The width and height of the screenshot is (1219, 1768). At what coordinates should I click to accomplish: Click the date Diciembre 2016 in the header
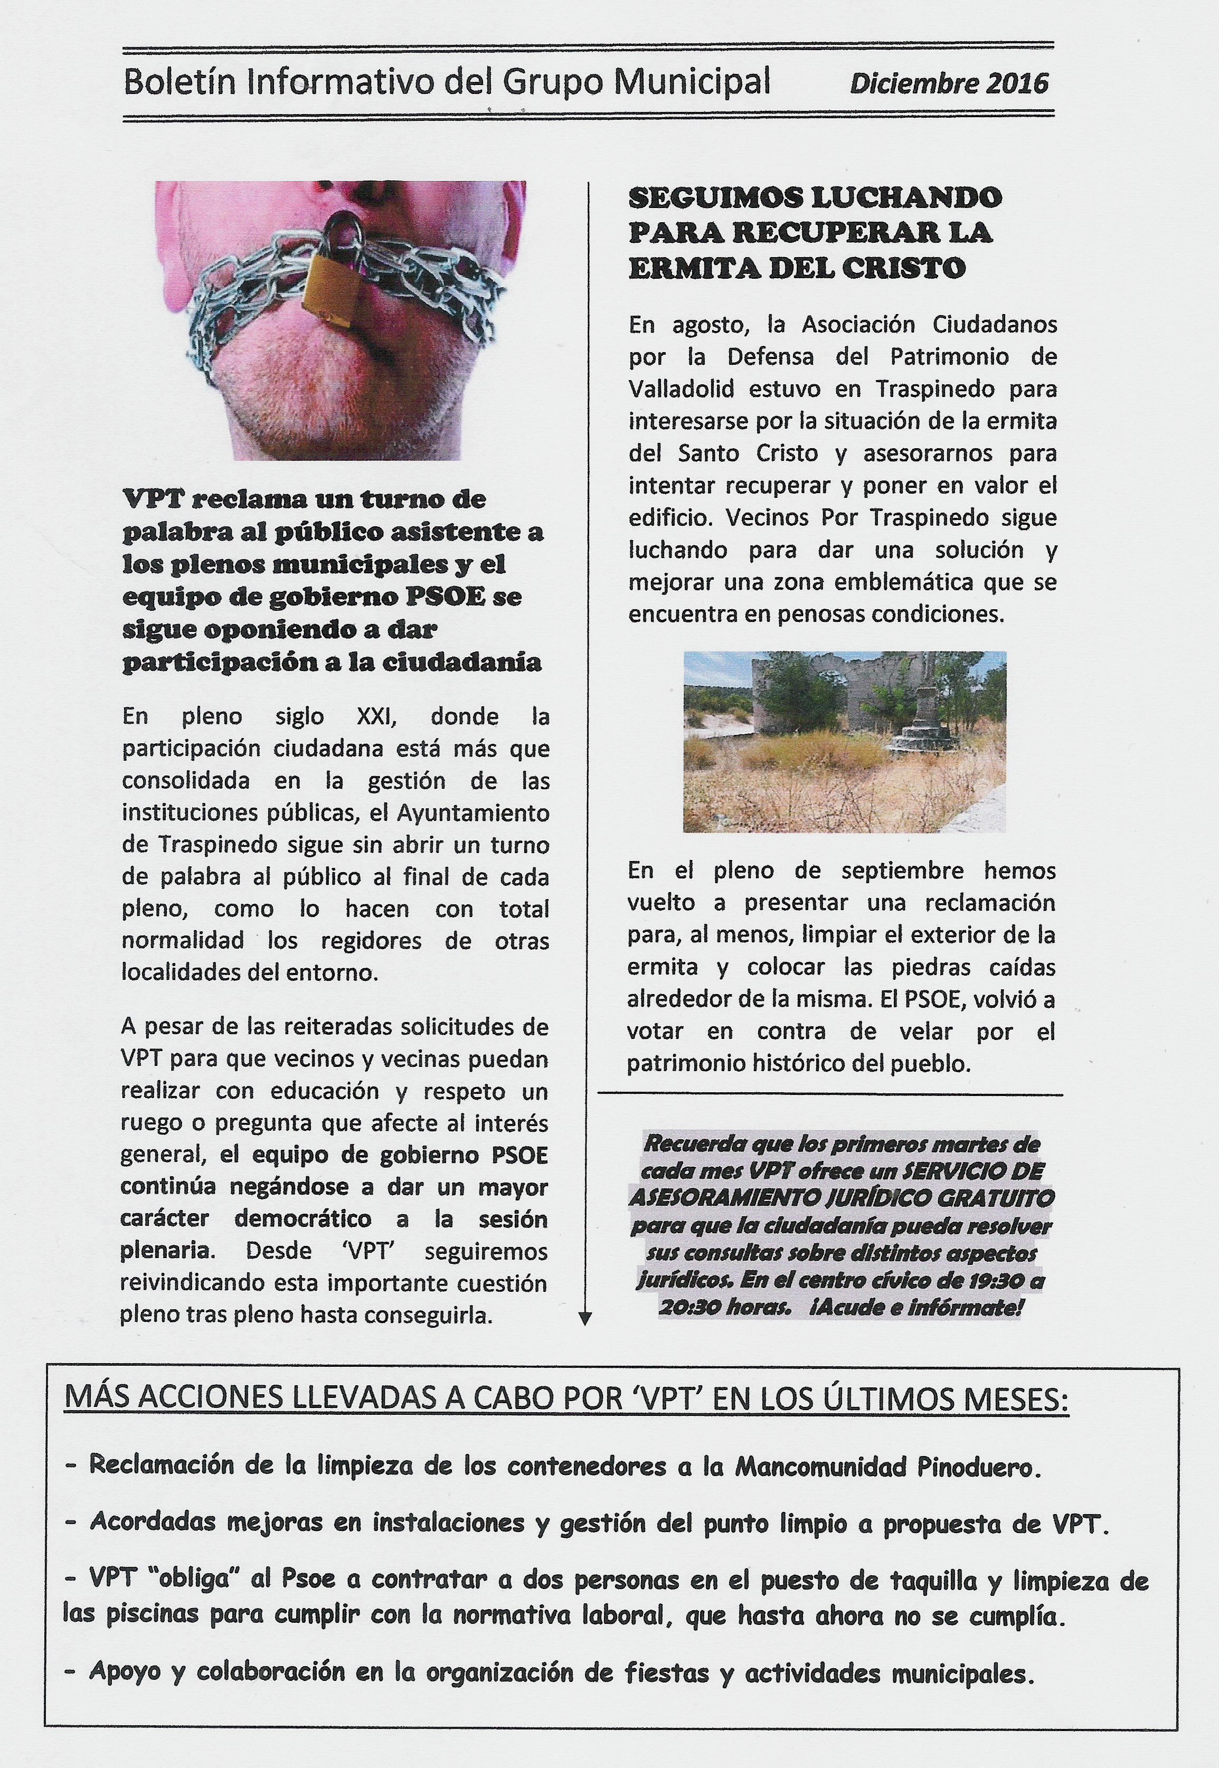click(949, 82)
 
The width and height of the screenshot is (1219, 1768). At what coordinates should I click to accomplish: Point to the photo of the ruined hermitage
click(844, 741)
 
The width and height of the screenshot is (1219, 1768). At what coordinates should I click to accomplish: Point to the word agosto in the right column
click(699, 325)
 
